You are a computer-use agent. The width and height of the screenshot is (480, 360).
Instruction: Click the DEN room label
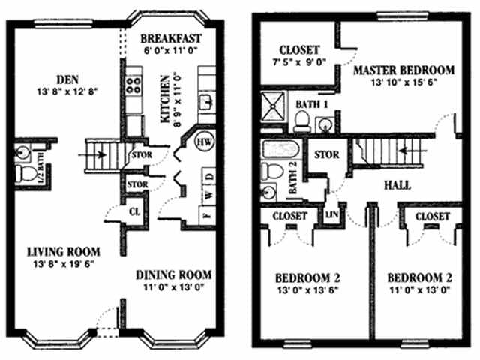pyautogui.click(x=61, y=78)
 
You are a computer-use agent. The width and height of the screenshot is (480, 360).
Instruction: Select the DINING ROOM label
pyautogui.click(x=173, y=274)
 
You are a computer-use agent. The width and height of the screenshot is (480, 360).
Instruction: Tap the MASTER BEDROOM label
pyautogui.click(x=403, y=70)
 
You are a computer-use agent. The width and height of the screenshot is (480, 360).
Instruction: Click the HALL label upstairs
pyautogui.click(x=396, y=184)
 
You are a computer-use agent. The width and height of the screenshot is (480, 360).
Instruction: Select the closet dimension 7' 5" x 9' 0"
pyautogui.click(x=298, y=64)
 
